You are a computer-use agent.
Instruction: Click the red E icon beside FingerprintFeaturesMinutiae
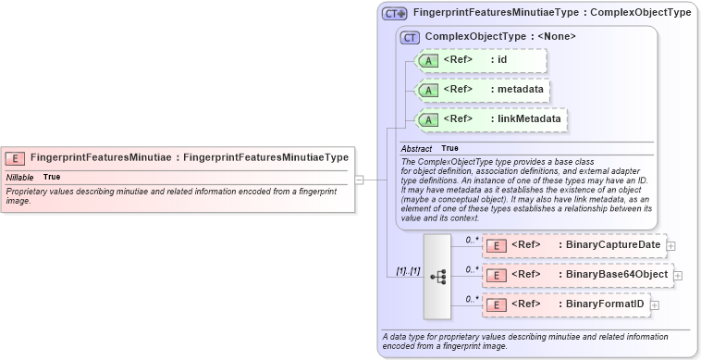[16, 158]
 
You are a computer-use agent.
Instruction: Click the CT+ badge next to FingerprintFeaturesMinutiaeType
[395, 14]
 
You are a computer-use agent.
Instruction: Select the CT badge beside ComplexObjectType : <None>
[411, 37]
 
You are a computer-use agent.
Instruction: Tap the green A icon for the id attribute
[428, 60]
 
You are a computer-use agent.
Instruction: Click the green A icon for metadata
[428, 90]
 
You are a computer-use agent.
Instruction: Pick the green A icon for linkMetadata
[428, 119]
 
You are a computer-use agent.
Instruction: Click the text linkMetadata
[528, 119]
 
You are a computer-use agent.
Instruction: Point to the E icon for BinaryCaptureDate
[496, 245]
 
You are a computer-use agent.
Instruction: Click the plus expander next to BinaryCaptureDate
[671, 245]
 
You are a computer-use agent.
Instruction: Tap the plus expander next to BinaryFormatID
[655, 304]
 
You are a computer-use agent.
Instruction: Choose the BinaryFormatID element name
[605, 304]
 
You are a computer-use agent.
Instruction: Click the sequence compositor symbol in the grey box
[437, 276]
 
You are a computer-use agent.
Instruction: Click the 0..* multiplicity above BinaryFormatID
[472, 298]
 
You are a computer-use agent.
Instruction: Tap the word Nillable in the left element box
[20, 177]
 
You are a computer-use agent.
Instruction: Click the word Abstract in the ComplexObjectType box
[416, 148]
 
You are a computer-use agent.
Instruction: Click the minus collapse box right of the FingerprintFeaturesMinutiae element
[359, 180]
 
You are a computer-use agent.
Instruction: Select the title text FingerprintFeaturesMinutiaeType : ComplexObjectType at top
[551, 13]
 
